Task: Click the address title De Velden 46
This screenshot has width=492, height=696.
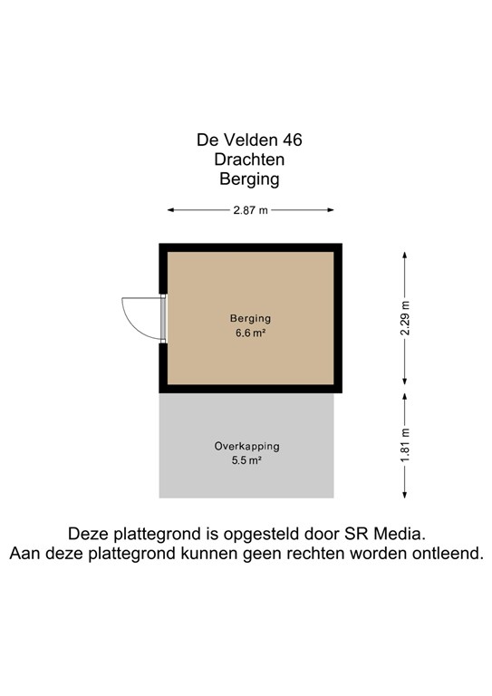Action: click(x=249, y=140)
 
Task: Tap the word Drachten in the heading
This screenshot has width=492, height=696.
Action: click(x=249, y=159)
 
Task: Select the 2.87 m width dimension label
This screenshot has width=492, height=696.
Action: click(x=250, y=210)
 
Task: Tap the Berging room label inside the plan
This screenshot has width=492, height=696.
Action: click(x=251, y=319)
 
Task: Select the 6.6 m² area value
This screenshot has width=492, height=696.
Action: click(x=251, y=333)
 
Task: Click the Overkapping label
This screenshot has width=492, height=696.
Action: click(x=247, y=446)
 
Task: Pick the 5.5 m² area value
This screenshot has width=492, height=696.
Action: click(x=247, y=460)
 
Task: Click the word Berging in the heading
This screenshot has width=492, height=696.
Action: click(x=249, y=179)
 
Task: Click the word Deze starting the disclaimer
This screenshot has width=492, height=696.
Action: click(x=89, y=534)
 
